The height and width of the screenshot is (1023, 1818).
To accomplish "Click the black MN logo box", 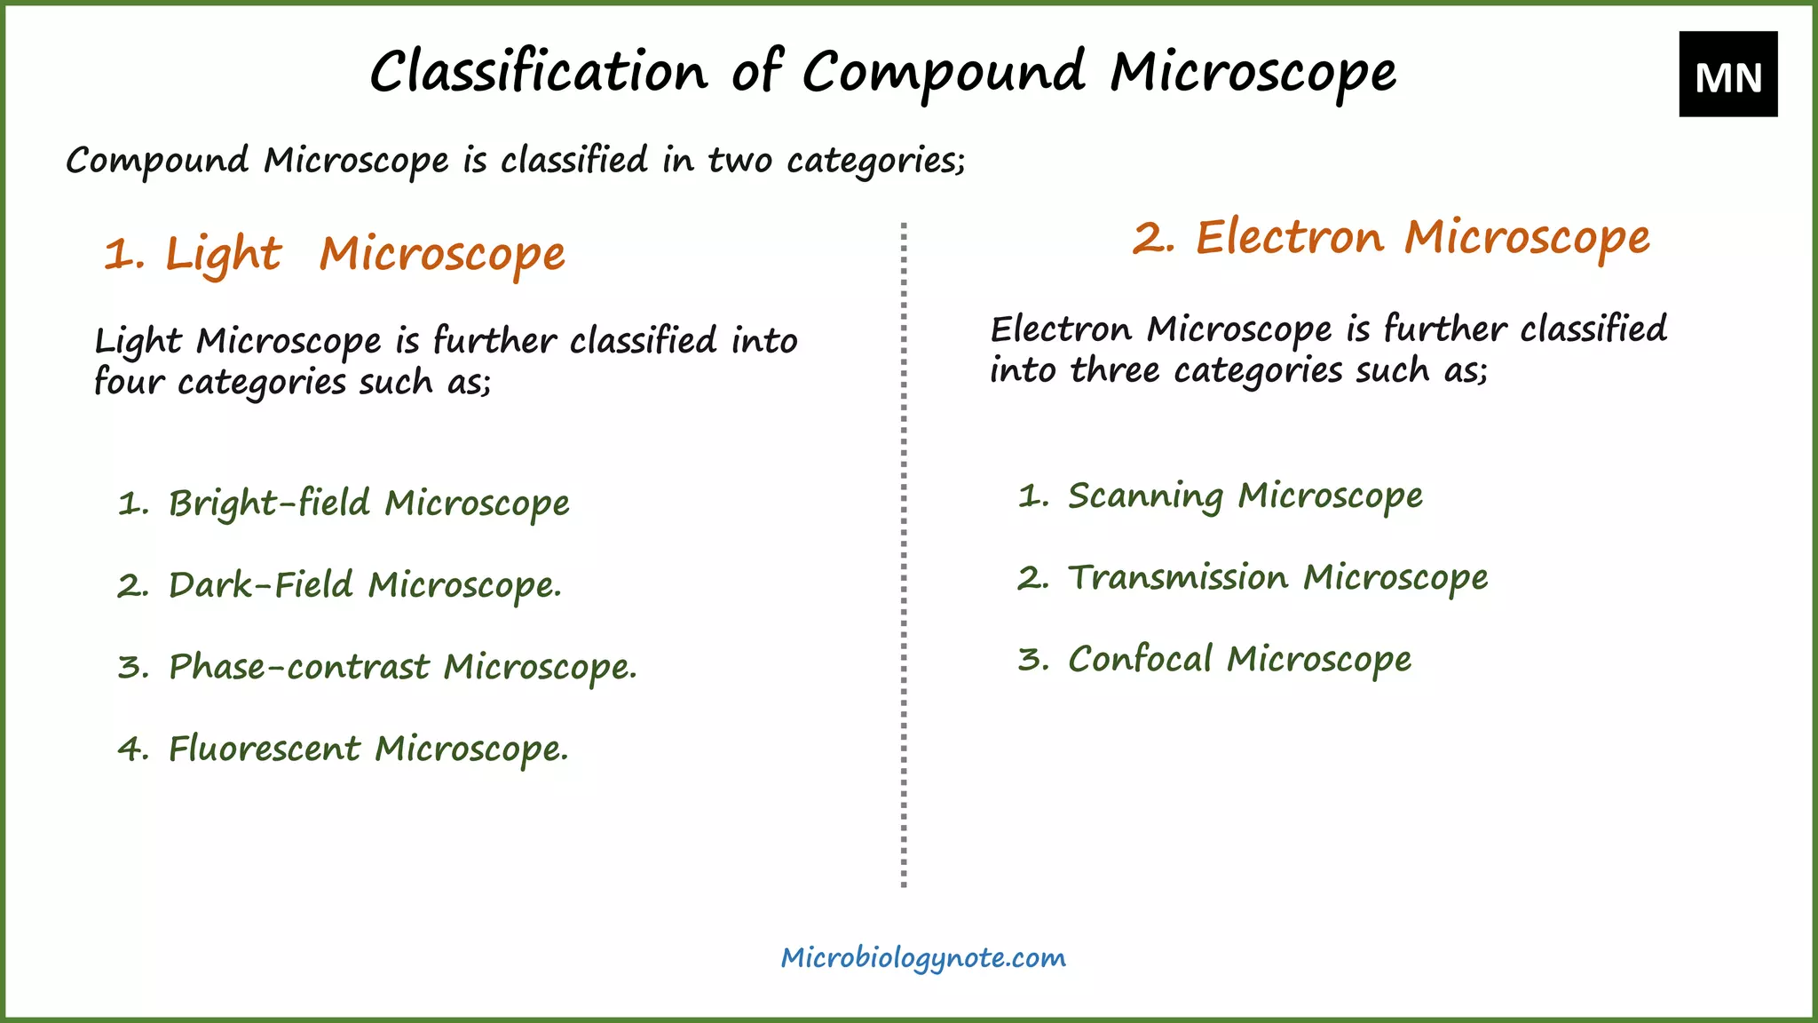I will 1727,75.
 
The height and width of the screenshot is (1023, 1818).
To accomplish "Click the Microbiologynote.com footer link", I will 923,957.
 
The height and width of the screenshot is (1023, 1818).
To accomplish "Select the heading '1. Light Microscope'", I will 334,254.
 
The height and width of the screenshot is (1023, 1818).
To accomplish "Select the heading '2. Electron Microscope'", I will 1390,238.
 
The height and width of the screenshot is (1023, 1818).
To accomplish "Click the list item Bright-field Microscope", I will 368,504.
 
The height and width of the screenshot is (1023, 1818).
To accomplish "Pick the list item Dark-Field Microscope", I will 364,585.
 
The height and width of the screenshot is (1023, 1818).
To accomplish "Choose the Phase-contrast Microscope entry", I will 402,667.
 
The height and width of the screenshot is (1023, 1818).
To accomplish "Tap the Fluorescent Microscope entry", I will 368,749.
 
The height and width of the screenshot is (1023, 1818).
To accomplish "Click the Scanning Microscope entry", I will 1245,496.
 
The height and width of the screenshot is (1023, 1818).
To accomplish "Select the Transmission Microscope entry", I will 1277,578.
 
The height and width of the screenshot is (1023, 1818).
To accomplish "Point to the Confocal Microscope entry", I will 1239,660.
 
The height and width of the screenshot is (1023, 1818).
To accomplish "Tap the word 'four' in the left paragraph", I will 129,382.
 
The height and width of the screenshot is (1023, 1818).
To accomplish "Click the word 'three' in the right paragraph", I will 1114,370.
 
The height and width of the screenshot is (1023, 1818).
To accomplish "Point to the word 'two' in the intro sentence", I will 739,161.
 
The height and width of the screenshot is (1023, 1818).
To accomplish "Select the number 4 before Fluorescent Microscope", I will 132,749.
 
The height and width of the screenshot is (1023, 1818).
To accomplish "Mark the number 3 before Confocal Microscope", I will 1032,660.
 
